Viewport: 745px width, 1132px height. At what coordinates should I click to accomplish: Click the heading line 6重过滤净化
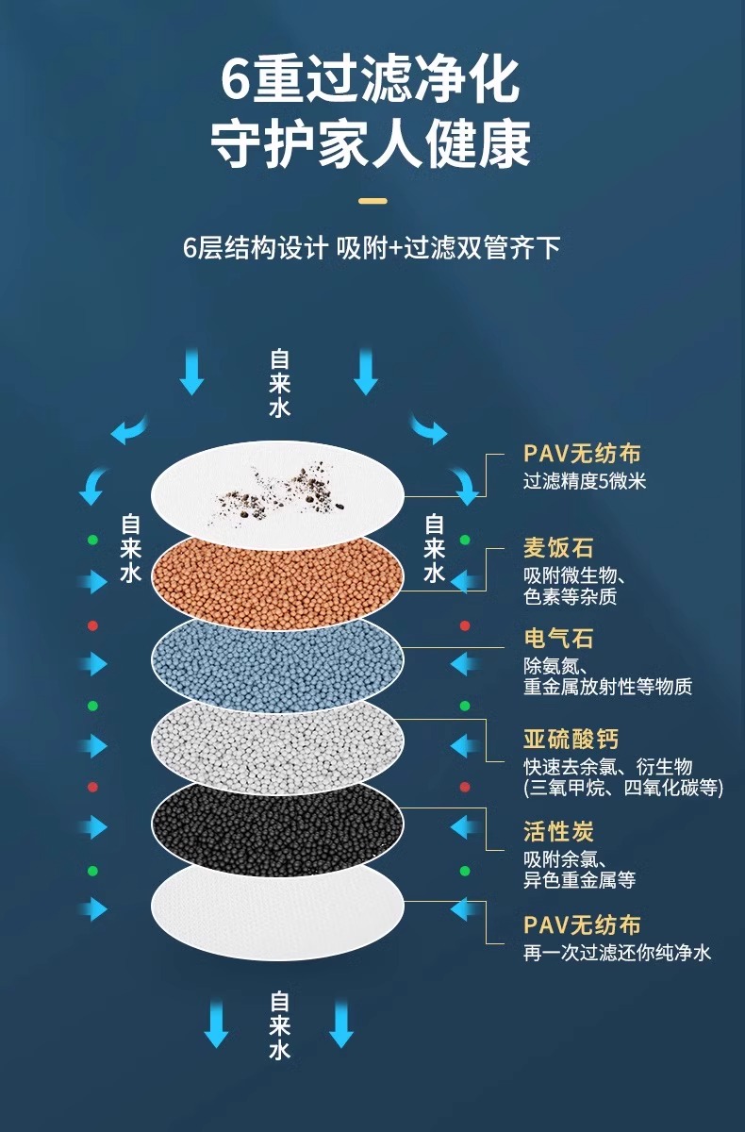click(x=372, y=80)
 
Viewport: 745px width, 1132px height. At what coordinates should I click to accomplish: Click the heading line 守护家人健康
click(x=372, y=144)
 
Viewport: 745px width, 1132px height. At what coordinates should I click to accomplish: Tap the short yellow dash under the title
click(x=373, y=200)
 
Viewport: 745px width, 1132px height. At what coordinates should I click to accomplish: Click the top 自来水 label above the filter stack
click(x=280, y=383)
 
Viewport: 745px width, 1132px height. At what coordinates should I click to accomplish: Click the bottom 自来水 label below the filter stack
click(x=280, y=1024)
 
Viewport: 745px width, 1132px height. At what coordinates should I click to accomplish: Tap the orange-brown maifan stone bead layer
click(x=278, y=575)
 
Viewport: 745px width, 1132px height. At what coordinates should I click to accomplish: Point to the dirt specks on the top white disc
click(x=283, y=486)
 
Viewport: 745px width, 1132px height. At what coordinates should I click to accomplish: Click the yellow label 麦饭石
click(x=558, y=548)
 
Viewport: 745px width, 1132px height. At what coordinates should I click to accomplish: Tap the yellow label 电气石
click(x=558, y=639)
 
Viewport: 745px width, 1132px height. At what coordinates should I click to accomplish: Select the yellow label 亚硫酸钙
click(x=571, y=739)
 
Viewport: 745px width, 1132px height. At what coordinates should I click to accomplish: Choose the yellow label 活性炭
click(x=558, y=832)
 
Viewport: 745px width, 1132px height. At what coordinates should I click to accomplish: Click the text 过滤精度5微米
click(x=585, y=481)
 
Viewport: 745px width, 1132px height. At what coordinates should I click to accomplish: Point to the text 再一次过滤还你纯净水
click(x=618, y=953)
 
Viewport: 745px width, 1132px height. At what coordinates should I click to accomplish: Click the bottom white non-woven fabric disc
click(x=278, y=910)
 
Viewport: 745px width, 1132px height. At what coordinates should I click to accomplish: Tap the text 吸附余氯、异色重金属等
click(x=579, y=870)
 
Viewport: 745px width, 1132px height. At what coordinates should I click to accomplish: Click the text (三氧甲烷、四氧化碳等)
click(x=623, y=788)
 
